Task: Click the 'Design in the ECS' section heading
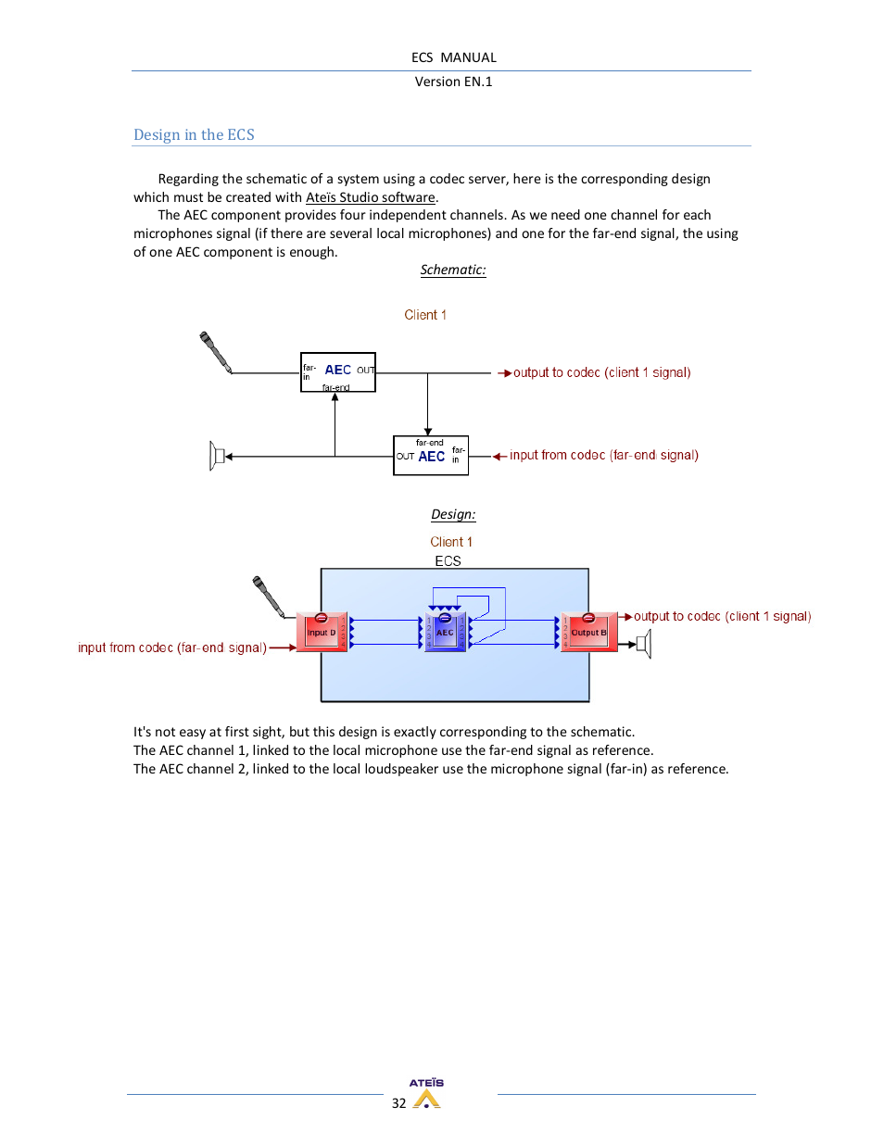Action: point(194,135)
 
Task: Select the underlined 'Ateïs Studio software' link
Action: point(371,197)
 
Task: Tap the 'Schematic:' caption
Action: point(452,270)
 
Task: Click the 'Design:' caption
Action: point(453,515)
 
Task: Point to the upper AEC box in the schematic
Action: point(338,372)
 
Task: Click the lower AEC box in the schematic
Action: point(431,456)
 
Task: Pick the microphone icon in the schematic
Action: point(215,352)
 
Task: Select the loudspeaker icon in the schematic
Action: point(218,456)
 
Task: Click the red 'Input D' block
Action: point(322,633)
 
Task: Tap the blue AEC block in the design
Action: point(445,632)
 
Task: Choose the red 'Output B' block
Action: point(588,633)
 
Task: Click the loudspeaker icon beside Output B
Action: point(645,644)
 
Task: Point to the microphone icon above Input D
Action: point(268,597)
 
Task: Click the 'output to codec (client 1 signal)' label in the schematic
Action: point(601,373)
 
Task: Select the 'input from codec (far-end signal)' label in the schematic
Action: point(603,456)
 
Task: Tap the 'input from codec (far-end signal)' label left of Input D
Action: point(172,648)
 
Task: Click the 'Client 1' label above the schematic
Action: point(425,315)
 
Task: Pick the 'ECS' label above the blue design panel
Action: point(448,561)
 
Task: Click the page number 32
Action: point(398,1103)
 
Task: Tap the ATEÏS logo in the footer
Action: point(426,1094)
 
